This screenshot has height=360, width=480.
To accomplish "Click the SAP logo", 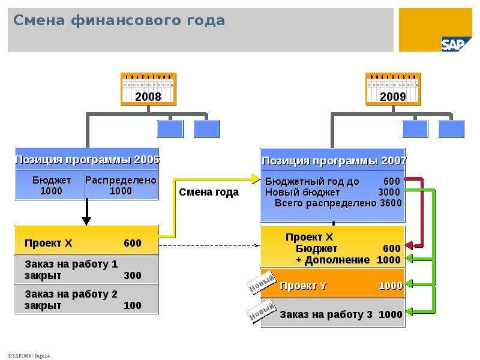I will [457, 44].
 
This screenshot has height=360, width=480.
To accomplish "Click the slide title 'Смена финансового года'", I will [119, 21].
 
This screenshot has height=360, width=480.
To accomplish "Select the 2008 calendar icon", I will [148, 88].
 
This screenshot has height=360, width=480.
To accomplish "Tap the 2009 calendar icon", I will [392, 88].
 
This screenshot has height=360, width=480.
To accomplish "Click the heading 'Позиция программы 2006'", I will [87, 160].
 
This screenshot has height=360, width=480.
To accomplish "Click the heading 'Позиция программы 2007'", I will [334, 161].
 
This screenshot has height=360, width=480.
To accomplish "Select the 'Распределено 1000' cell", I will [121, 185].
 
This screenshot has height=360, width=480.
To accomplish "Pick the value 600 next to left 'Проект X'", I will [133, 243].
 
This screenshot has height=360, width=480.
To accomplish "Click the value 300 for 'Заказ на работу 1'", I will [133, 275].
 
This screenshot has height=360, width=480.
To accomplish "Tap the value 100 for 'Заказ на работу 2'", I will [133, 305].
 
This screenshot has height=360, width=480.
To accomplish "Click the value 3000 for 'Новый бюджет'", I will [389, 192].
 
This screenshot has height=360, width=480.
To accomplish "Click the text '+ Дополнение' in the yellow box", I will [332, 260].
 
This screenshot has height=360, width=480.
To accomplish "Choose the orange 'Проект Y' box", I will [333, 286].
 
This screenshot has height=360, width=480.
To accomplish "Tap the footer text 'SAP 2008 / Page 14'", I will [28, 356].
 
